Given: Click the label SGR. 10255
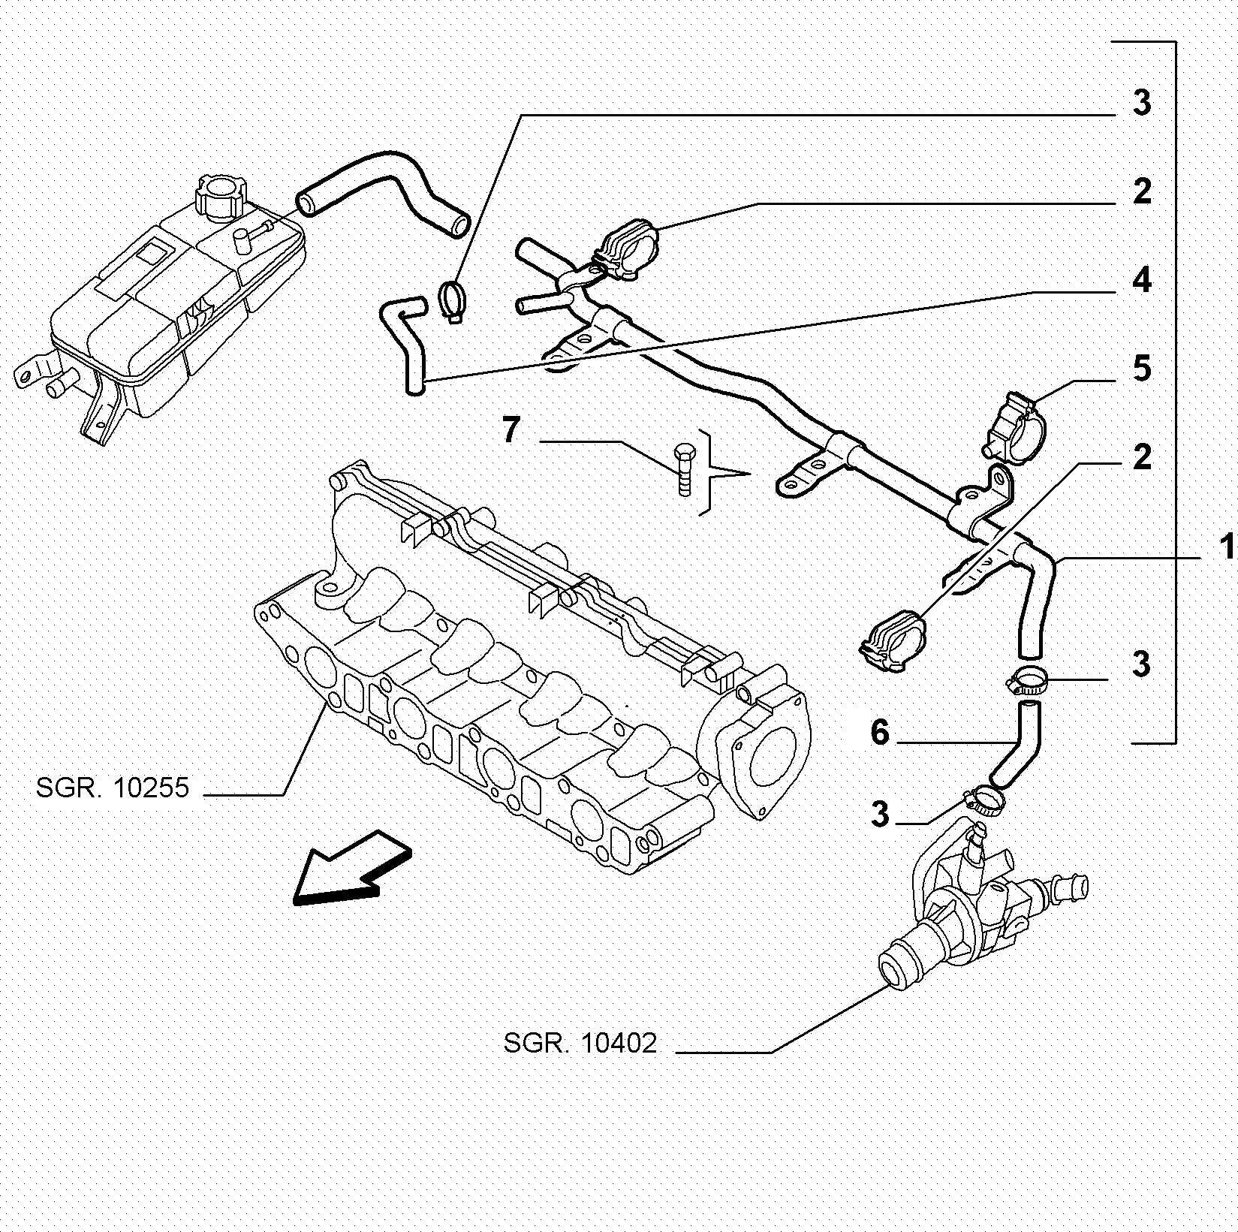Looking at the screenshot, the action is click(113, 788).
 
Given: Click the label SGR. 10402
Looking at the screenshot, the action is click(580, 1044).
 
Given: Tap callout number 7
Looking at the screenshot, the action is click(511, 431).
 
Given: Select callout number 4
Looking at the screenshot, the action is click(1141, 280).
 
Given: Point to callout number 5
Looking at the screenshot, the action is click(1141, 369).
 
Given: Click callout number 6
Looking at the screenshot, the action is click(880, 732).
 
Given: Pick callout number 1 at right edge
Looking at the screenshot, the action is click(1227, 547).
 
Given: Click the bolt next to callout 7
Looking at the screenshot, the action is click(684, 468).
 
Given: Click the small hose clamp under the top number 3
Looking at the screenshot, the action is click(452, 299).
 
